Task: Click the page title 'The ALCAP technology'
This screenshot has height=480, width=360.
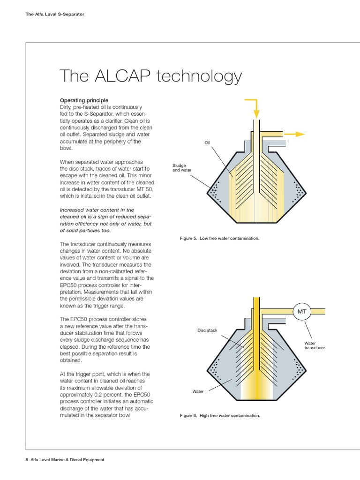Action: click(x=150, y=76)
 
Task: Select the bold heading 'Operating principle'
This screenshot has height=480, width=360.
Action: click(x=84, y=100)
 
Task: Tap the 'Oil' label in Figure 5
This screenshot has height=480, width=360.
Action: click(x=207, y=143)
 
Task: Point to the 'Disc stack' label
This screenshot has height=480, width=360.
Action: click(x=208, y=330)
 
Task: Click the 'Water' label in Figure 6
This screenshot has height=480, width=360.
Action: click(x=198, y=391)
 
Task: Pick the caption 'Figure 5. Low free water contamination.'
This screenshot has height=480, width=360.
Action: click(x=219, y=239)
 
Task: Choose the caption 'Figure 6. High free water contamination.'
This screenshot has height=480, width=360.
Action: click(x=220, y=416)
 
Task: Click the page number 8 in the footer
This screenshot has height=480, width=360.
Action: click(x=27, y=460)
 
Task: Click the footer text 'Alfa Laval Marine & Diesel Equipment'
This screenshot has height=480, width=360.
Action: click(x=67, y=460)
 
